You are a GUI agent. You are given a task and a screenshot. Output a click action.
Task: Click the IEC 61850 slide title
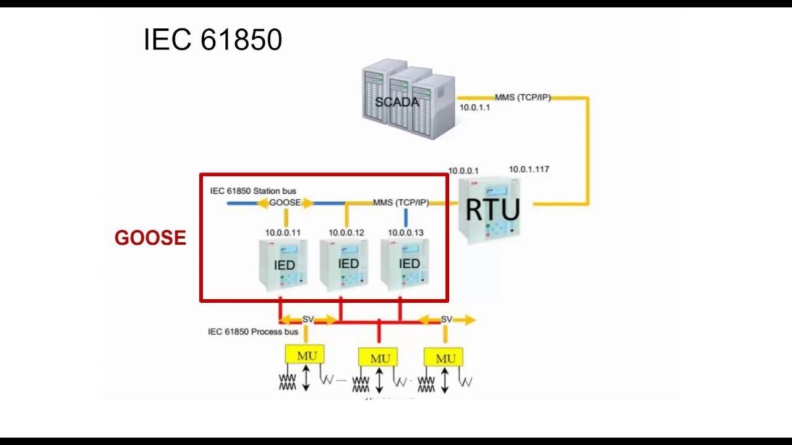[x=213, y=40]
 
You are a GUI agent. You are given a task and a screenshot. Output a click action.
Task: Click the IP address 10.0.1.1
[x=475, y=107]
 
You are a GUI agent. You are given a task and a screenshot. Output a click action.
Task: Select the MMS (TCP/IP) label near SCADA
[x=522, y=97]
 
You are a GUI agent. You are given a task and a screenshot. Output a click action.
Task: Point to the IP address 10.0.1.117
[x=529, y=169]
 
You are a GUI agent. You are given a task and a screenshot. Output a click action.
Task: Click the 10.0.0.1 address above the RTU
[x=463, y=171]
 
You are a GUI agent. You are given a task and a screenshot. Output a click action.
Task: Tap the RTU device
[x=492, y=210]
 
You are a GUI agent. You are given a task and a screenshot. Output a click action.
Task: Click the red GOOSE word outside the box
[x=150, y=238]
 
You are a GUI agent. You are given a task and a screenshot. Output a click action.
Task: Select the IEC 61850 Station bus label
[x=253, y=191]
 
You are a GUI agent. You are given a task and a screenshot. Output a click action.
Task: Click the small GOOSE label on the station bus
[x=285, y=202]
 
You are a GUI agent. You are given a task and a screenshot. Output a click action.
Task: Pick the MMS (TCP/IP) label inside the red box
[x=400, y=202]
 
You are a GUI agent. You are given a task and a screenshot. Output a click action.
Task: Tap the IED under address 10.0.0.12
[x=348, y=264]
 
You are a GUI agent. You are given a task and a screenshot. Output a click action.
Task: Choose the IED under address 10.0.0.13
[x=408, y=264]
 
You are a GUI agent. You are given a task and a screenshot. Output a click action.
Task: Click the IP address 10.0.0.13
[x=406, y=232]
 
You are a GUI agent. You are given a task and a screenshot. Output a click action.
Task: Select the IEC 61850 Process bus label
[x=253, y=332]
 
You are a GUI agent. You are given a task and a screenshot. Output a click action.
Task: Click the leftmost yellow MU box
[x=304, y=355]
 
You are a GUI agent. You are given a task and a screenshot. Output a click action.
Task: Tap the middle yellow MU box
[x=379, y=358]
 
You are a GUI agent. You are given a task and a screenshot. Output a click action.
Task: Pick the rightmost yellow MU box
[x=444, y=358]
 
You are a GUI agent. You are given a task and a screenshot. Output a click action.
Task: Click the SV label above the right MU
[x=446, y=319]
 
